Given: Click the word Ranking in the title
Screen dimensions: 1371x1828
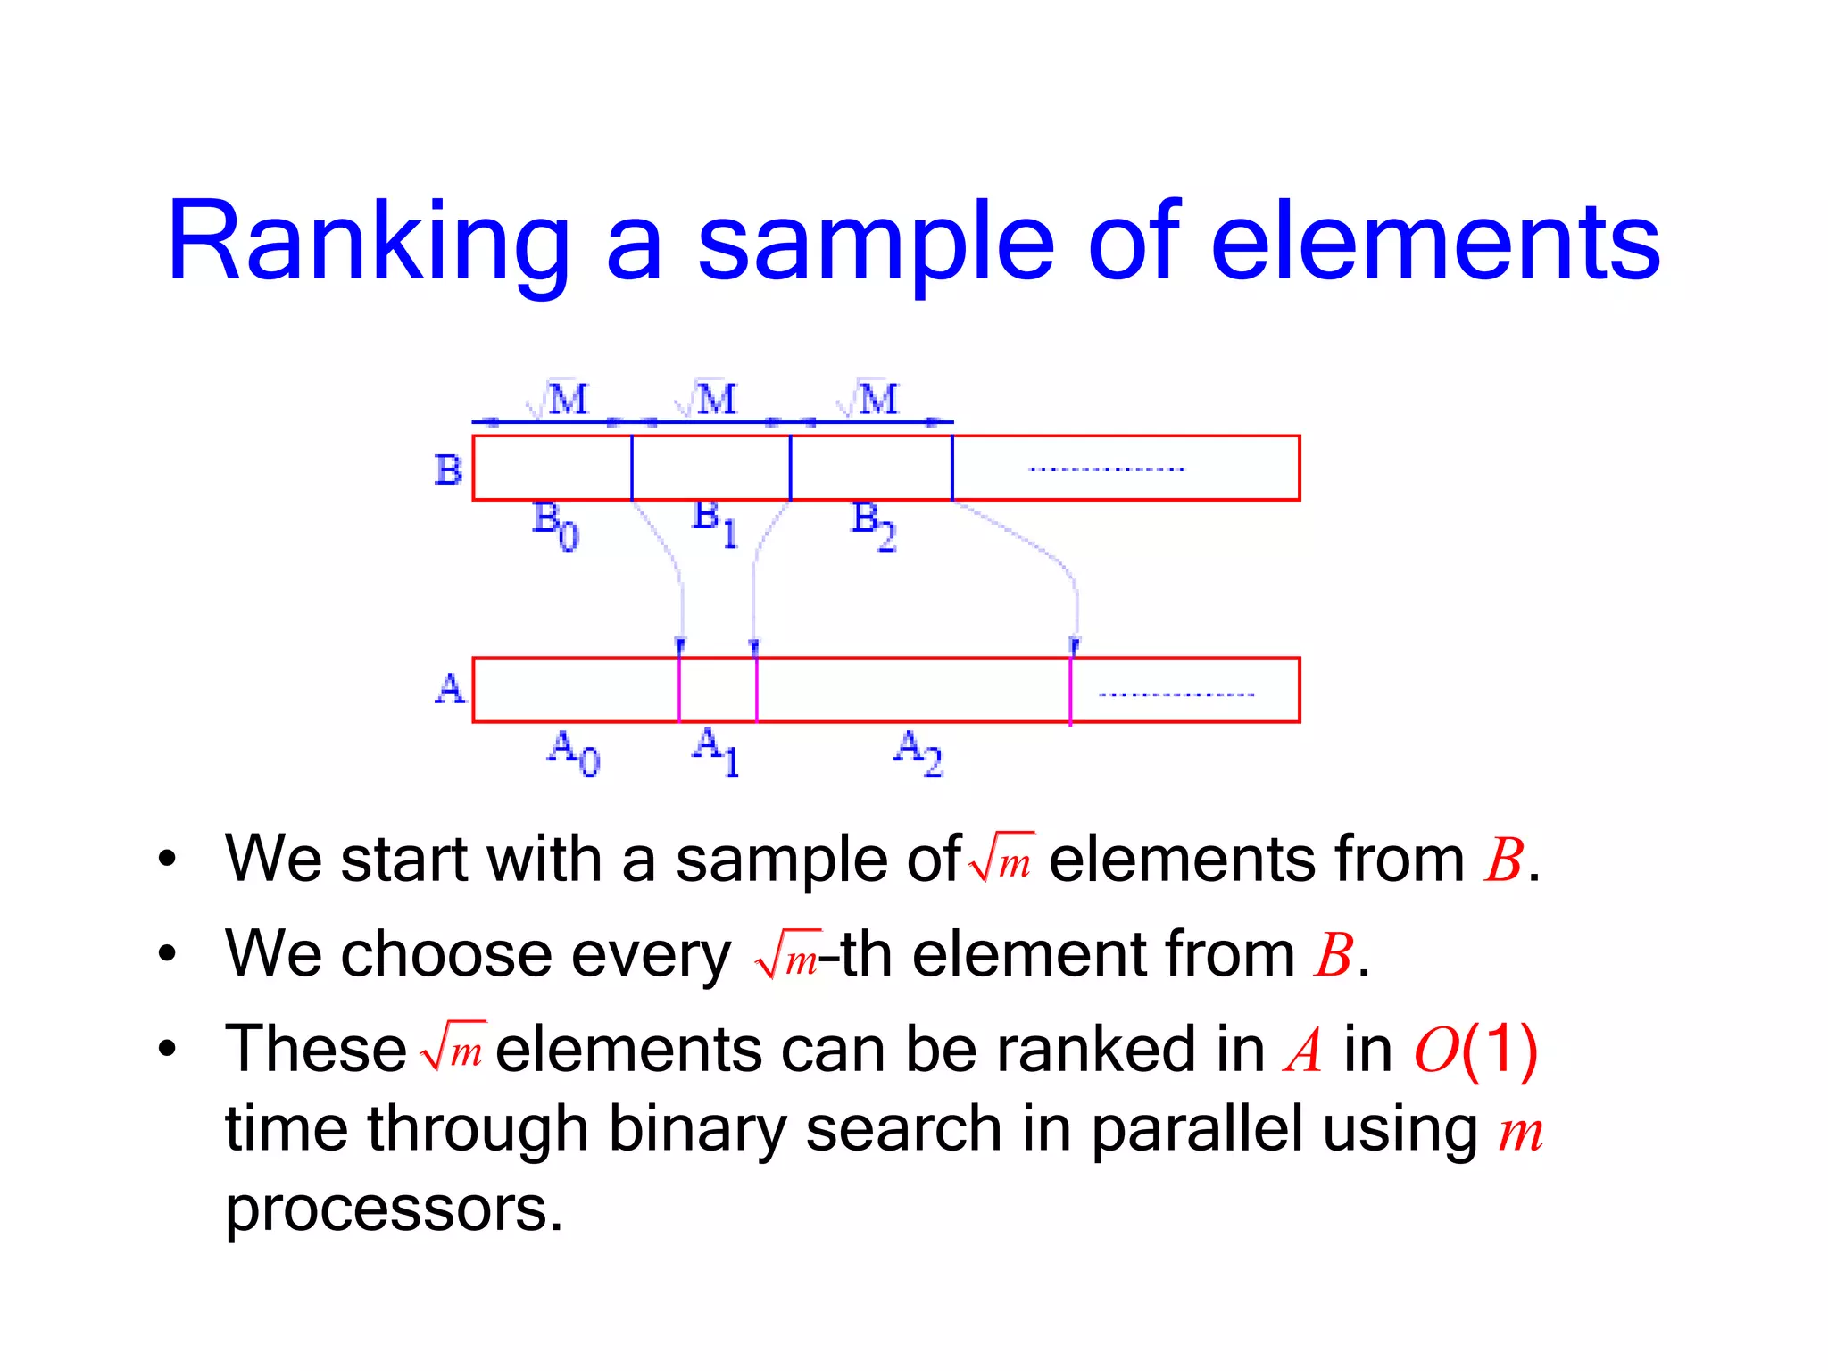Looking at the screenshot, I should tap(368, 243).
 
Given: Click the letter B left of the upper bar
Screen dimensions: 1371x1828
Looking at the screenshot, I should tap(448, 469).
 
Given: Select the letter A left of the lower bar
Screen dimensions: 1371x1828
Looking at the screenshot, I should tap(450, 689).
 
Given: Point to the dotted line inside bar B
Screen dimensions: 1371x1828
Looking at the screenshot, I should tap(1106, 469).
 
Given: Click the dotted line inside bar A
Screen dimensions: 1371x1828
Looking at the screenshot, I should tap(1176, 694).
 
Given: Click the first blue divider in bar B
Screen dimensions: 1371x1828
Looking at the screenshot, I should tap(632, 468).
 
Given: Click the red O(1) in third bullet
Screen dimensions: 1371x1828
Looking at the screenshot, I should tap(1475, 1050).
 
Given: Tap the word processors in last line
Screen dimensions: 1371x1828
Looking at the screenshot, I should tap(394, 1209).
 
